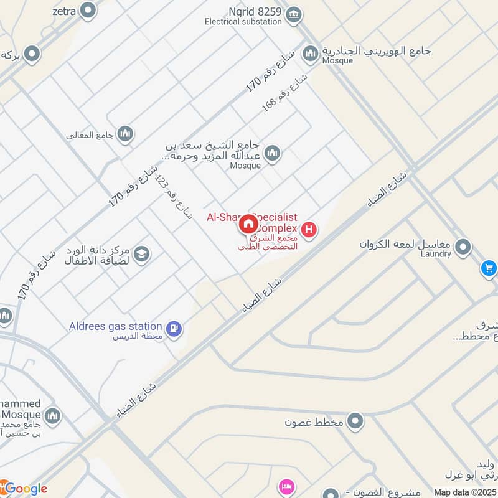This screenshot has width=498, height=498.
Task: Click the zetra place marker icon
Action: tap(89, 10)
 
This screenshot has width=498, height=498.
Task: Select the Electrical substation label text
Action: tap(243, 22)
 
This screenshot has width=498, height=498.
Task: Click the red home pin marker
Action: tap(248, 224)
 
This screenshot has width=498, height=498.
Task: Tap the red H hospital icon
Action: tap(309, 229)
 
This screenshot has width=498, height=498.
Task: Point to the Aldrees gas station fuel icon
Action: tap(174, 327)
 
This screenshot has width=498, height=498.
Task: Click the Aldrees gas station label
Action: tap(115, 326)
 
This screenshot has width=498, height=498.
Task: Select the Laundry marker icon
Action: tap(463, 248)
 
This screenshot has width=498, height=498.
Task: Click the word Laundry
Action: tap(435, 254)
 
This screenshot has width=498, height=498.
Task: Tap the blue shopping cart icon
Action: tap(489, 268)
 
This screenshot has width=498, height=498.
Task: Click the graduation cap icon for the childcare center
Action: tap(141, 254)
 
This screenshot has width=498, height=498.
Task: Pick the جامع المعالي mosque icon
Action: tap(125, 133)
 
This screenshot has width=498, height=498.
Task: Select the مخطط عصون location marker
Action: tap(355, 421)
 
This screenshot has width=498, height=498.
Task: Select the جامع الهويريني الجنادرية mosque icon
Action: tap(310, 54)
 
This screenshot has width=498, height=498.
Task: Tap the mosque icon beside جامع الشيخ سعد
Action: tap(272, 153)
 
